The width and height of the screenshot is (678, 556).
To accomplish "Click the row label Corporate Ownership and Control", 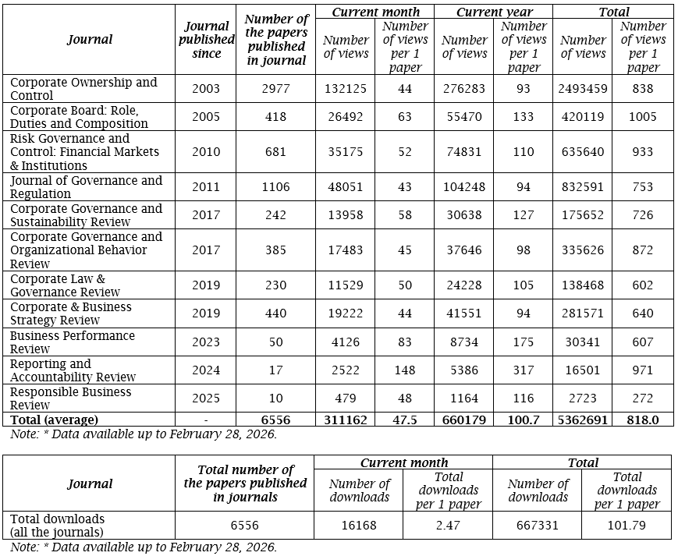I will click(83, 89).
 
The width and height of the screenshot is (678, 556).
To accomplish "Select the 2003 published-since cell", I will click(206, 89).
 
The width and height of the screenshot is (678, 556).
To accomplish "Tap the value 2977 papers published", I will click(276, 89).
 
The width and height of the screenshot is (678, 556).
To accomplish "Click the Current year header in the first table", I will click(493, 12).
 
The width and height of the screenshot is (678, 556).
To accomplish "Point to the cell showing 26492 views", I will click(346, 117).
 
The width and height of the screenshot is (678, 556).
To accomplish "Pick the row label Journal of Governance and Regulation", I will click(86, 187).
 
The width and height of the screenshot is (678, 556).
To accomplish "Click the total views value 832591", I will click(583, 187).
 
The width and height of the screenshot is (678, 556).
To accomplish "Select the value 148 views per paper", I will click(405, 370).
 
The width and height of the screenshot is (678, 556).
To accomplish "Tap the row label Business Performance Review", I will click(73, 342).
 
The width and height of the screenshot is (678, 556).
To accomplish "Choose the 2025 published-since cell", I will click(206, 398).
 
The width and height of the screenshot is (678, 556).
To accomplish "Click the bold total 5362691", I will click(583, 420).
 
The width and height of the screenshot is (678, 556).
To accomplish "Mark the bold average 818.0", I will click(643, 420).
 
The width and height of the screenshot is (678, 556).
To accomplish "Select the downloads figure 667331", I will click(538, 526).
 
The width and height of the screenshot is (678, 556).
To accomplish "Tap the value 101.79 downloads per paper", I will click(627, 526).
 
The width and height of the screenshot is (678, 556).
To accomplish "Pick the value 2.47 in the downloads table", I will click(448, 526).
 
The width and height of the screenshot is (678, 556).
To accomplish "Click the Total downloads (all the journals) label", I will click(58, 525).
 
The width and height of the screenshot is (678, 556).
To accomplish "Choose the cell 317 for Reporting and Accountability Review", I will click(524, 370).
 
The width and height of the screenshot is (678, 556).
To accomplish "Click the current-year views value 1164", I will click(464, 398).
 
